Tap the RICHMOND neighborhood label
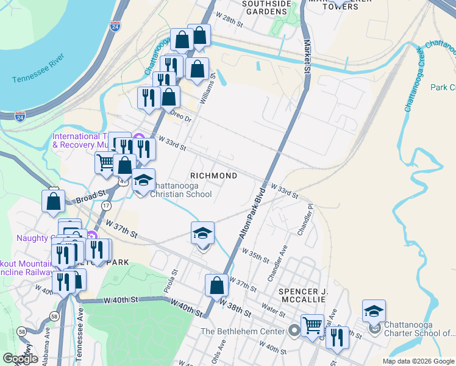tap(214, 176)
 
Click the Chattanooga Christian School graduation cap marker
tap(144, 181)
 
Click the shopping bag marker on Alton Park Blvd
tap(216, 285)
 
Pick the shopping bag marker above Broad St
tap(54, 201)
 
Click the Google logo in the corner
tap(21, 358)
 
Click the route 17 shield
tap(106, 206)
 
